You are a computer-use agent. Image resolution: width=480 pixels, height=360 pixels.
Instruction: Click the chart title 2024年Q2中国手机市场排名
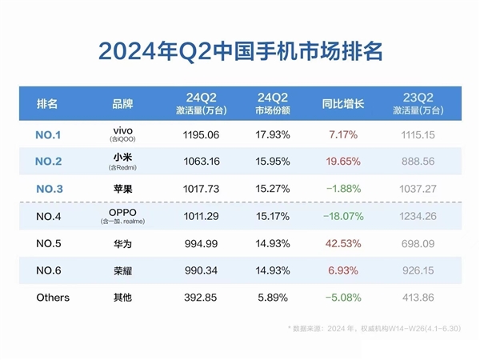pos(240,50)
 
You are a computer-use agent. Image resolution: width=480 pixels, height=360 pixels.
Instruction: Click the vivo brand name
pos(123,129)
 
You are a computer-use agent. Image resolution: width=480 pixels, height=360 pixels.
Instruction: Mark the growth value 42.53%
pos(343,243)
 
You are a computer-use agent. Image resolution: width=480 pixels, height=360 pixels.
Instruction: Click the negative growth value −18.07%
pos(343,216)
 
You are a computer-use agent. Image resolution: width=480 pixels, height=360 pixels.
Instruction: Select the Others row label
pos(53,298)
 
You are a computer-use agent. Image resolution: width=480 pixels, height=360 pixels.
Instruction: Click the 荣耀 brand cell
pos(123,270)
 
